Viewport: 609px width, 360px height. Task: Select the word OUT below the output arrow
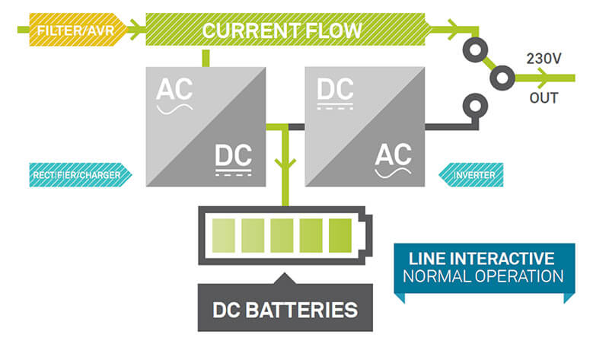(x=544, y=98)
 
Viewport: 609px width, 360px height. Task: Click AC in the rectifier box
(x=174, y=89)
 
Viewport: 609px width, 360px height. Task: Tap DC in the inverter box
(x=335, y=89)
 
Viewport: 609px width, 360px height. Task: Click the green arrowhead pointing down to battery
(x=285, y=162)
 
